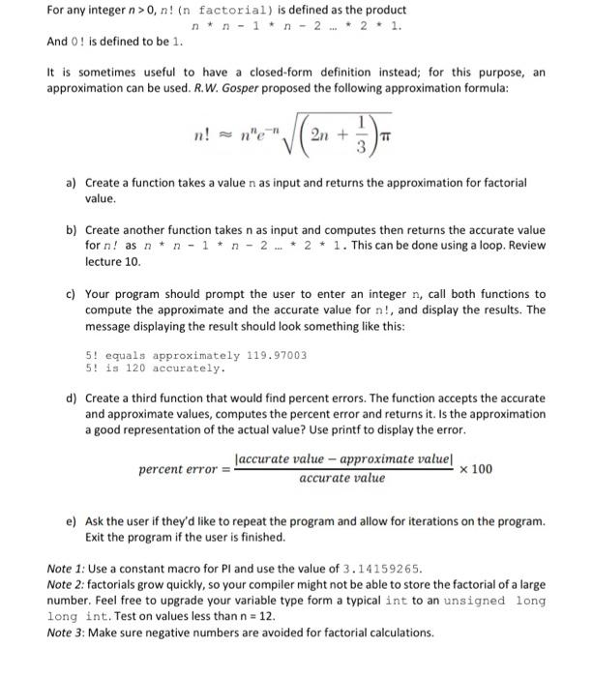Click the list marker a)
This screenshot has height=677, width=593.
pyautogui.click(x=72, y=182)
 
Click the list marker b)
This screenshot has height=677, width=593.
pyautogui.click(x=72, y=230)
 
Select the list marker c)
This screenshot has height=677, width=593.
pyautogui.click(x=72, y=293)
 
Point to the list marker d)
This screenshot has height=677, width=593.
pyautogui.click(x=72, y=397)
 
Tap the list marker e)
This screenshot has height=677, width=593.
pyautogui.click(x=72, y=520)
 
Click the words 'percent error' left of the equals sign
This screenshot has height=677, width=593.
pyautogui.click(x=178, y=469)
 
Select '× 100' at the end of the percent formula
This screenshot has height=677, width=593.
pyautogui.click(x=475, y=469)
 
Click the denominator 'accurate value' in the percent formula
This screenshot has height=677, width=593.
pyautogui.click(x=341, y=479)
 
